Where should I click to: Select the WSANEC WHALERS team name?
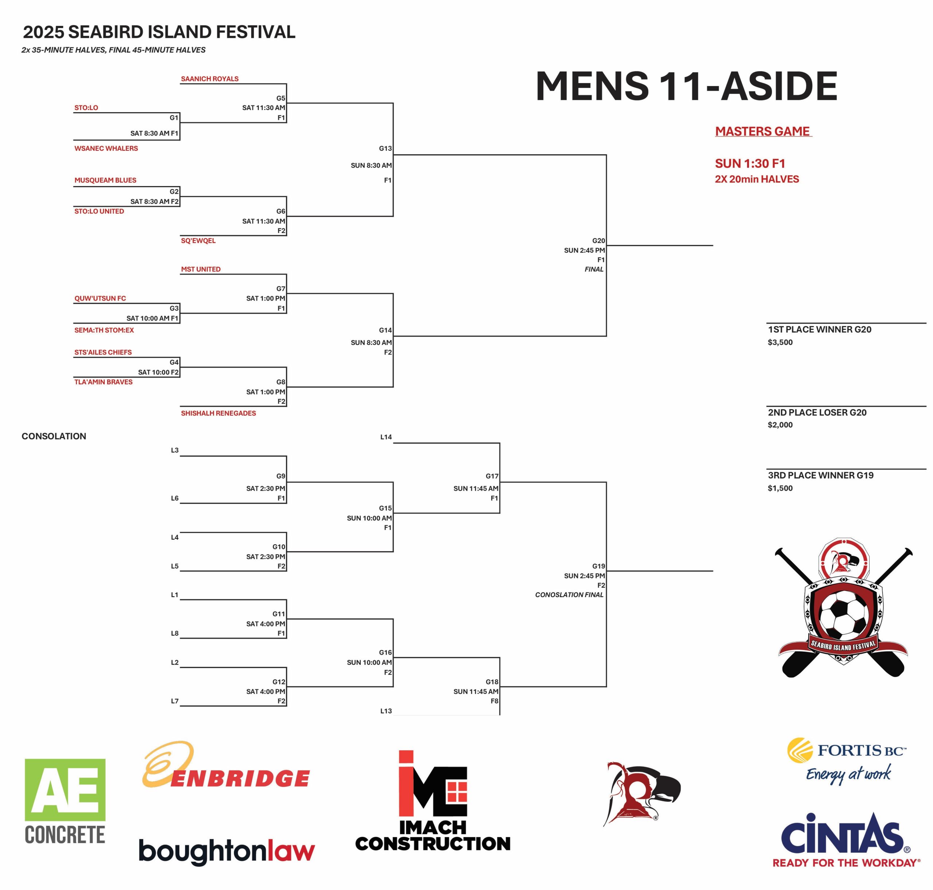pyautogui.click(x=106, y=149)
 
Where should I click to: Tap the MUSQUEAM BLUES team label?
pyautogui.click(x=105, y=180)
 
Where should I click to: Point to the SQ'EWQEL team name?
pyautogui.click(x=198, y=240)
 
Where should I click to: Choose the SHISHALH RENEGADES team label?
pyautogui.click(x=218, y=413)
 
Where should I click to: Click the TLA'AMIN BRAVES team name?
pyautogui.click(x=103, y=382)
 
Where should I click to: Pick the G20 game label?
pyautogui.click(x=598, y=240)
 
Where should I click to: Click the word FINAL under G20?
pyautogui.click(x=594, y=269)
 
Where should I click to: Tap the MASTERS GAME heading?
pyautogui.click(x=763, y=132)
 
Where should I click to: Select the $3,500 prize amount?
pyautogui.click(x=780, y=342)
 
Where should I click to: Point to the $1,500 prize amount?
pyautogui.click(x=780, y=488)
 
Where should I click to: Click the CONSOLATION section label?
pyautogui.click(x=54, y=436)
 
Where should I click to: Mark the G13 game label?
pyautogui.click(x=385, y=149)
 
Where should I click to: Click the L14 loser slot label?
pyautogui.click(x=386, y=437)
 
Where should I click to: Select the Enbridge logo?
pyautogui.click(x=226, y=765)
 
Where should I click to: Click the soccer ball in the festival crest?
pyautogui.click(x=843, y=614)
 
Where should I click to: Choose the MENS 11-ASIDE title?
pyautogui.click(x=686, y=86)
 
